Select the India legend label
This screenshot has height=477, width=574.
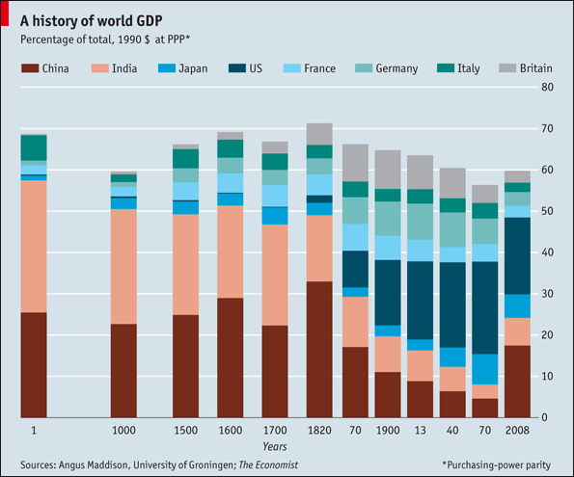point(123,68)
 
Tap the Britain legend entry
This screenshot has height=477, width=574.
point(535,68)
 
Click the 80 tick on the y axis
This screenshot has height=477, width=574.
point(546,87)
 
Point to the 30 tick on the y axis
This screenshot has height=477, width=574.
point(546,293)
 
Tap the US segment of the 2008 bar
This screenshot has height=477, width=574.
point(517,255)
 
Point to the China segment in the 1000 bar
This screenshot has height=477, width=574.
point(123,370)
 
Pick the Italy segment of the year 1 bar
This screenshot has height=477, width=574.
point(34,147)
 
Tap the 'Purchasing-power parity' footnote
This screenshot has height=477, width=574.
point(497,464)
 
